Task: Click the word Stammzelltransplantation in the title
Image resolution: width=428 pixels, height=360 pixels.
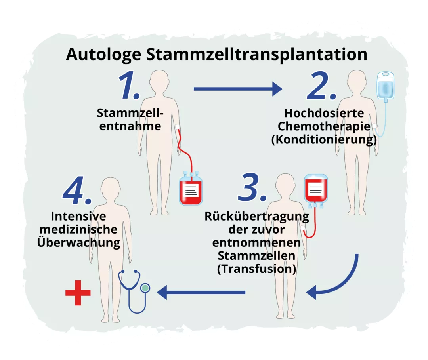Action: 256,54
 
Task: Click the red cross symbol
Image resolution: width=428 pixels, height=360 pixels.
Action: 78,293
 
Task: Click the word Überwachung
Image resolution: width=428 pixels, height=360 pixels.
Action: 78,242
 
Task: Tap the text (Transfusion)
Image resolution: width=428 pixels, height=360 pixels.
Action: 256,269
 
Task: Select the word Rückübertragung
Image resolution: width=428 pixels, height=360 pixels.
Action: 256,217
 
